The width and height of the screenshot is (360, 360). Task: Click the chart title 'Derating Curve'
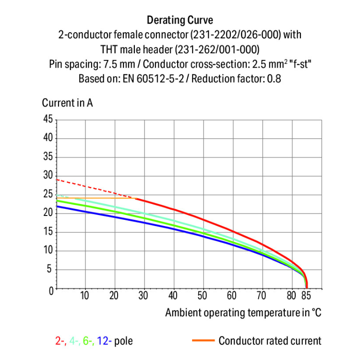180,20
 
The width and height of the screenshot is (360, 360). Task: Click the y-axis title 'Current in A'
67,103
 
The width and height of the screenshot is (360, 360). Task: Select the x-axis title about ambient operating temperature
243,313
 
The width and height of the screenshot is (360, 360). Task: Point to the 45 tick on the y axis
48,120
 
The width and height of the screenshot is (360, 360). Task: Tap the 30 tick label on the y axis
48,176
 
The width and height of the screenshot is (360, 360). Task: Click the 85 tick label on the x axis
307,295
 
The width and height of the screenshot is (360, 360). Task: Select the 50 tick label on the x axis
203,295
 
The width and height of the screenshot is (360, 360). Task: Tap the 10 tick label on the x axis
85,295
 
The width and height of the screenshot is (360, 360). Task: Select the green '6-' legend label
88,341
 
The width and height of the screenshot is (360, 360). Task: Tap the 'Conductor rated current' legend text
270,341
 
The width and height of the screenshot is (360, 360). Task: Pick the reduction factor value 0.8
274,78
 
